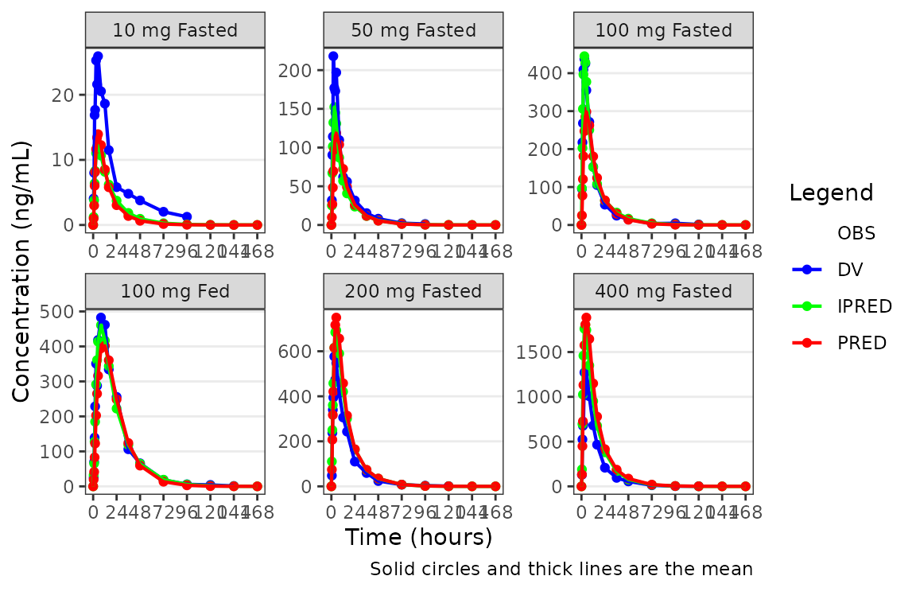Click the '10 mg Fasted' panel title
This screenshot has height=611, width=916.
click(175, 31)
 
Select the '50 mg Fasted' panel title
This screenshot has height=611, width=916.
click(413, 31)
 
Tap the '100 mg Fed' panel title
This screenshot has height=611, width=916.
click(175, 291)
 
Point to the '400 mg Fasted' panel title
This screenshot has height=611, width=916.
click(663, 291)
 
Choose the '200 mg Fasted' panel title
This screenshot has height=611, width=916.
click(413, 291)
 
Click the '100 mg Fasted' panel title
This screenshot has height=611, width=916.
click(663, 31)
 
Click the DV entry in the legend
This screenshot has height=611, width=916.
click(850, 269)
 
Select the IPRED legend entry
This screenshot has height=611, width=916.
click(865, 305)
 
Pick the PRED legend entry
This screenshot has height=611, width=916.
click(862, 342)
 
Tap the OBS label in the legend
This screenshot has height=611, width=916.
click(856, 233)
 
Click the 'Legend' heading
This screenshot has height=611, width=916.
click(831, 193)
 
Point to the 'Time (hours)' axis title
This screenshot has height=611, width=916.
click(418, 538)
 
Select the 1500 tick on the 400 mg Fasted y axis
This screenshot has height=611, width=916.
click(545, 352)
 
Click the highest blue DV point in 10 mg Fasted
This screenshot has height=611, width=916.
click(98, 56)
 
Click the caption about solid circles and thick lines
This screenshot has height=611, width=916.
click(561, 570)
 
